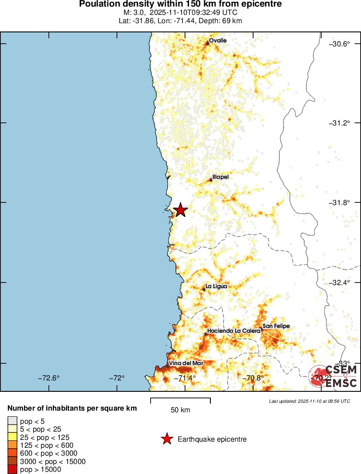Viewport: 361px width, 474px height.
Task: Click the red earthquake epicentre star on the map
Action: point(180,210)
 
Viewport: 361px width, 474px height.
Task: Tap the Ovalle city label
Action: point(217,41)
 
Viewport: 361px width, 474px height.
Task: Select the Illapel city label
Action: point(220,177)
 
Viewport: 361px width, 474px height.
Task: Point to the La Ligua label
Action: point(216,286)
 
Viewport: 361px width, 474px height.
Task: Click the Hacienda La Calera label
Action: point(234,331)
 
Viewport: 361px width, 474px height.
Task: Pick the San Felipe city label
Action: point(276,326)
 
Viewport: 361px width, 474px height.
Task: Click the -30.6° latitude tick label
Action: point(340,44)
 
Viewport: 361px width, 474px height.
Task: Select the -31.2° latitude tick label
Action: point(340,123)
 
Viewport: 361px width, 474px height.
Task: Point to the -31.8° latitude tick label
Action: point(340,202)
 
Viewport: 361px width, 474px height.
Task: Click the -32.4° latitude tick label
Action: point(340,282)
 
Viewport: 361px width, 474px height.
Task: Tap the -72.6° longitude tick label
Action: point(48,378)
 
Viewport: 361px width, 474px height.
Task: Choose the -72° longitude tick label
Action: point(117,378)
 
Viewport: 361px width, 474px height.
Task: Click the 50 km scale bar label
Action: point(180,410)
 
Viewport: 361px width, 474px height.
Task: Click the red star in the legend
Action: point(166,439)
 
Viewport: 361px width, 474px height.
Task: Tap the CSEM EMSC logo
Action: point(333,376)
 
